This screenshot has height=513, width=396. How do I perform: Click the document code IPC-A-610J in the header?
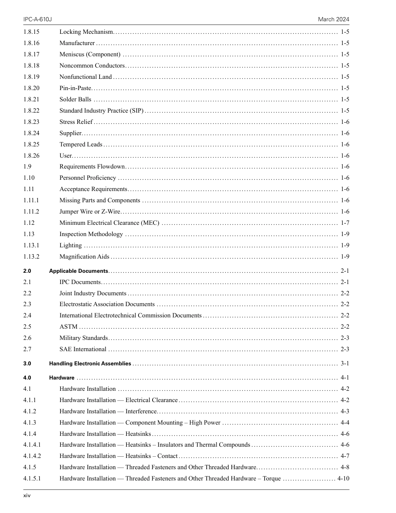coord(35,20)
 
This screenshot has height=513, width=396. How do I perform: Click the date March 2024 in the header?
coord(333,20)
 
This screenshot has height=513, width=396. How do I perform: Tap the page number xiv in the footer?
coord(27,495)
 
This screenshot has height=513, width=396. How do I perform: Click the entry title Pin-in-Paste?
coord(75,88)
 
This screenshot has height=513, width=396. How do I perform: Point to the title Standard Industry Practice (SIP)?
coord(101,111)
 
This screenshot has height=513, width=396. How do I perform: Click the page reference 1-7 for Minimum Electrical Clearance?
coord(345,223)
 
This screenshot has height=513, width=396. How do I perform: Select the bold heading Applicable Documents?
coord(79,271)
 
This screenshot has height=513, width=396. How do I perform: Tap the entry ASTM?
coord(68,327)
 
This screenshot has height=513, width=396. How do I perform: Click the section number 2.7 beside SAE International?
coord(27,349)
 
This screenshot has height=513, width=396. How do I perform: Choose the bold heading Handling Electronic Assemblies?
coord(90,364)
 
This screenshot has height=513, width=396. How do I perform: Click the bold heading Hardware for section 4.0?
coord(62,378)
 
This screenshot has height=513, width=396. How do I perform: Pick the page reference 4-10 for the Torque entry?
coord(343,478)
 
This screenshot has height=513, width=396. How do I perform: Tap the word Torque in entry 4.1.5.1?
coord(271,478)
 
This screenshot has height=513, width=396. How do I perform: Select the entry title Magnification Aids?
coord(84,256)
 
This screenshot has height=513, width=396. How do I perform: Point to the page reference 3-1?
coord(345,364)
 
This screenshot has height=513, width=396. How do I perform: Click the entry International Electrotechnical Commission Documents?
coord(130,315)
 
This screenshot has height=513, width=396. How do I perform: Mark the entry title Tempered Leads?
coord(81,144)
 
